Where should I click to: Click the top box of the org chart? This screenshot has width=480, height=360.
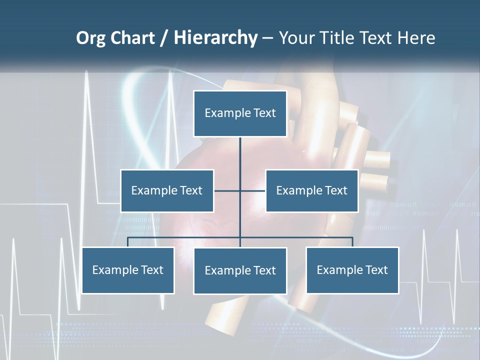tap(240, 113)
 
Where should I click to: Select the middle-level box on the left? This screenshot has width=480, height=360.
tap(167, 190)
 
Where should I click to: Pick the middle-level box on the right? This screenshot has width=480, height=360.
tap(311, 190)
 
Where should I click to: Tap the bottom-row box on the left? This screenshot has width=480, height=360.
tap(128, 270)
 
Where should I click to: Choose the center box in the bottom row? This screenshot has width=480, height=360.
tap(240, 270)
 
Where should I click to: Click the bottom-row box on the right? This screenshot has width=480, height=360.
tap(352, 270)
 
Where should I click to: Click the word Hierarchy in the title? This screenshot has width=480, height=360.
tap(215, 38)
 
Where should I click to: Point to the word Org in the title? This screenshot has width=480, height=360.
tap(90, 38)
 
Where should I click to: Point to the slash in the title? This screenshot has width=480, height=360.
tap(165, 38)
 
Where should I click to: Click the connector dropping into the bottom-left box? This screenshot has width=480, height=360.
tap(128, 242)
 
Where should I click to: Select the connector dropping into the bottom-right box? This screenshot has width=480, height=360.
tap(352, 242)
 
